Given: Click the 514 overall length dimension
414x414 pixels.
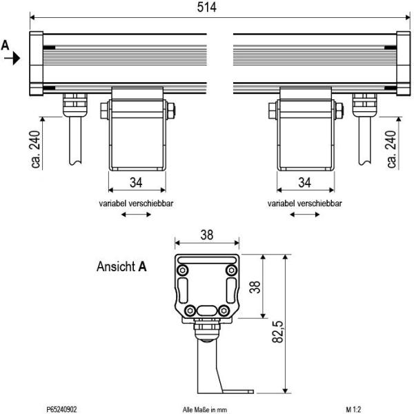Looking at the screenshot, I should pos(207,8).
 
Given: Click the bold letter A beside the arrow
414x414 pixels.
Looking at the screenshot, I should pos(6,45).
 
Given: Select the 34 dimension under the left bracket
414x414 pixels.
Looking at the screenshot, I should pos(137,183).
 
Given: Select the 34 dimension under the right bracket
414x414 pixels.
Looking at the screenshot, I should pos(305,183).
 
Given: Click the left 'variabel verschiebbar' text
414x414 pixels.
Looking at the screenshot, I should pos(137,204).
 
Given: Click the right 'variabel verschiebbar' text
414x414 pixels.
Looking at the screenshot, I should pos(305,204).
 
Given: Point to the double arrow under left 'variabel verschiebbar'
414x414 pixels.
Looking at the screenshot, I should pos(137,215).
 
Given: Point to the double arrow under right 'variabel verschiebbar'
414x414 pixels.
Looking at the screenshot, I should pos(305,215).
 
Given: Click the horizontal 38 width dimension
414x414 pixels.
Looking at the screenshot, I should pos(206,235).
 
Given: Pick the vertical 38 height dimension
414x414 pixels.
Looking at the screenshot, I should pos(255,286).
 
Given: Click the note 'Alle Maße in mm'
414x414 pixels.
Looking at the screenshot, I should pos(205,409).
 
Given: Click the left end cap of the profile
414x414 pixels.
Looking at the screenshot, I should pos(35,63).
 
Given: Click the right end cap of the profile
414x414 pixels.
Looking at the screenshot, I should pos(402,63).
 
